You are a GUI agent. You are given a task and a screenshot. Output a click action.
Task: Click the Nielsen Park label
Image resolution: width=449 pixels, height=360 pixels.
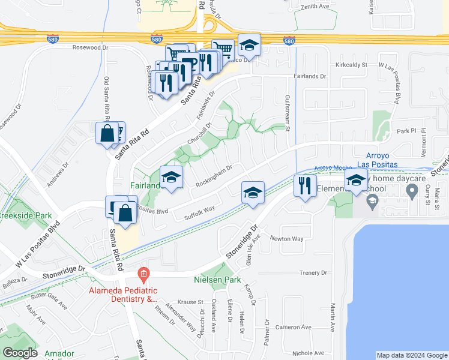217,280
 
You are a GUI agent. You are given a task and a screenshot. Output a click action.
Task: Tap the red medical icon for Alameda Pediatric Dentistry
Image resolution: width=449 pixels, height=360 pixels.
142,275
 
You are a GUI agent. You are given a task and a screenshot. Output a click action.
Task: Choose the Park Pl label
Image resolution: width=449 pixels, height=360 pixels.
405,130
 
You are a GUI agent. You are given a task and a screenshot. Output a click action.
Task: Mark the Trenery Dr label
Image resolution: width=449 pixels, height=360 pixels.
313,273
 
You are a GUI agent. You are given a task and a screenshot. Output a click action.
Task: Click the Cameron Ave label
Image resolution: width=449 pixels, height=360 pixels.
293,327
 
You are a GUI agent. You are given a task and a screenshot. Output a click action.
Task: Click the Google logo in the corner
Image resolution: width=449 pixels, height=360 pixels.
20,352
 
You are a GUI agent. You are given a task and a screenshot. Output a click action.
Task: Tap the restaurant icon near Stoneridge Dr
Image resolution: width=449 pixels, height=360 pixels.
305,185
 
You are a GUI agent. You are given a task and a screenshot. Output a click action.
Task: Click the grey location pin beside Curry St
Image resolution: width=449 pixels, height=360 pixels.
412,191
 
